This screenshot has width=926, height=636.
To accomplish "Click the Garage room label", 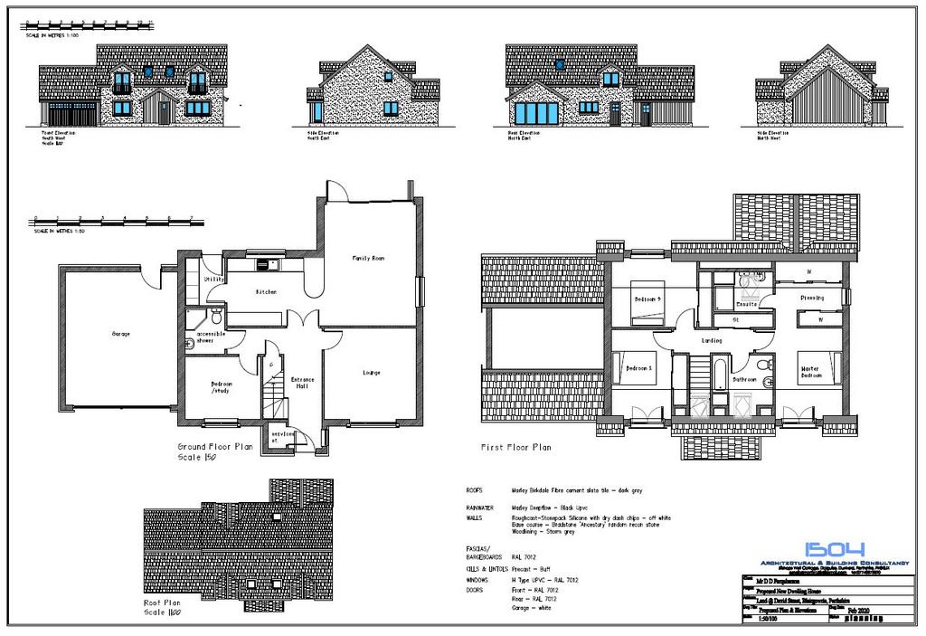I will (121, 334).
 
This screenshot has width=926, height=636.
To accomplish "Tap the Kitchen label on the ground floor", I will (265, 292).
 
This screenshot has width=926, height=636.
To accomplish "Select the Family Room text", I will (368, 258).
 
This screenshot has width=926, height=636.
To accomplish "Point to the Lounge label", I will (371, 372).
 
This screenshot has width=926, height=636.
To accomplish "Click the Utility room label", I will (214, 280).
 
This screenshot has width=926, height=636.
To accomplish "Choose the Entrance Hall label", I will (300, 382).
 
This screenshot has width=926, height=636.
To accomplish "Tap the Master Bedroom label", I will (811, 371).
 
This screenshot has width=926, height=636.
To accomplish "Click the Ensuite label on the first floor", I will (747, 305).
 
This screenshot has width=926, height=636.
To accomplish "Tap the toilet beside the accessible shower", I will (216, 316).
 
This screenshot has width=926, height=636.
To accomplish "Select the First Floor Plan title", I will (516, 447).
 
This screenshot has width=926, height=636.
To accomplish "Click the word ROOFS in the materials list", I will (475, 489).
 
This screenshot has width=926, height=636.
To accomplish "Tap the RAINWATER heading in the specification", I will (480, 508).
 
